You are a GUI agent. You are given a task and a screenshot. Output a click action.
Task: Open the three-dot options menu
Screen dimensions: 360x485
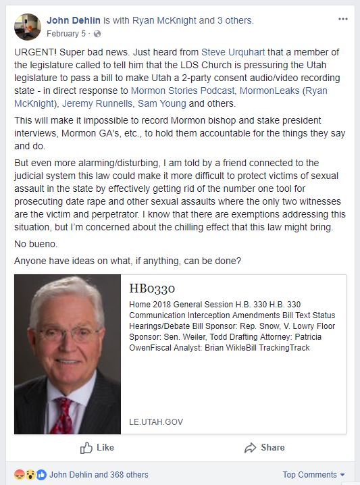342,20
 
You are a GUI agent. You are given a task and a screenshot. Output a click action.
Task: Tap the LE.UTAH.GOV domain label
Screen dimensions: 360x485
155,422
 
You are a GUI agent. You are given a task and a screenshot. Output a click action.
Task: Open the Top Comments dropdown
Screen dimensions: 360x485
313,474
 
